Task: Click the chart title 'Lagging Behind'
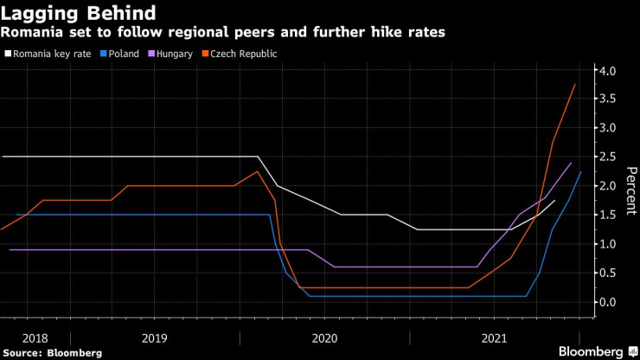coord(79,13)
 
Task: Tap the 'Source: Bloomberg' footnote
coord(53,352)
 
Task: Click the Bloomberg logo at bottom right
coord(592,351)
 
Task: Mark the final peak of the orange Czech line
coord(575,84)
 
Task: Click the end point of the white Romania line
coord(554,200)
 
